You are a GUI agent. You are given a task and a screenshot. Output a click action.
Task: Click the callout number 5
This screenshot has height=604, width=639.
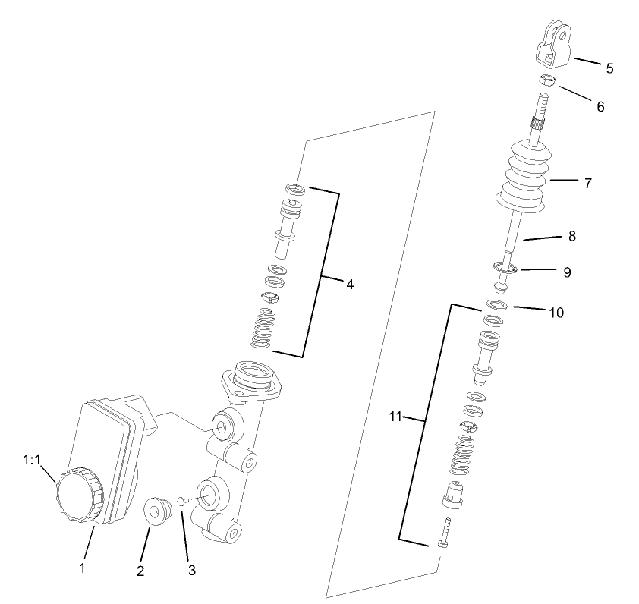click(609, 68)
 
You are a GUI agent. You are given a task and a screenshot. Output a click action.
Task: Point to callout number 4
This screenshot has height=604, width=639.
click(349, 285)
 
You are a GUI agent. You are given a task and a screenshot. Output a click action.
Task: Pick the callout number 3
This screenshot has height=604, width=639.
click(191, 569)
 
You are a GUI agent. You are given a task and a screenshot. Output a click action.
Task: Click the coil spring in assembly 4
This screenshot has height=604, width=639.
click(263, 329)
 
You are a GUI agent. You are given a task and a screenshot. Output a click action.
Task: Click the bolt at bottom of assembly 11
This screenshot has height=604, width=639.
click(445, 534)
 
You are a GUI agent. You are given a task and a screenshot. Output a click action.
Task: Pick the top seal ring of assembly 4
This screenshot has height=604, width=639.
click(296, 188)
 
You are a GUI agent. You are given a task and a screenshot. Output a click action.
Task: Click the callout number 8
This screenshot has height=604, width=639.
click(571, 236)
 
